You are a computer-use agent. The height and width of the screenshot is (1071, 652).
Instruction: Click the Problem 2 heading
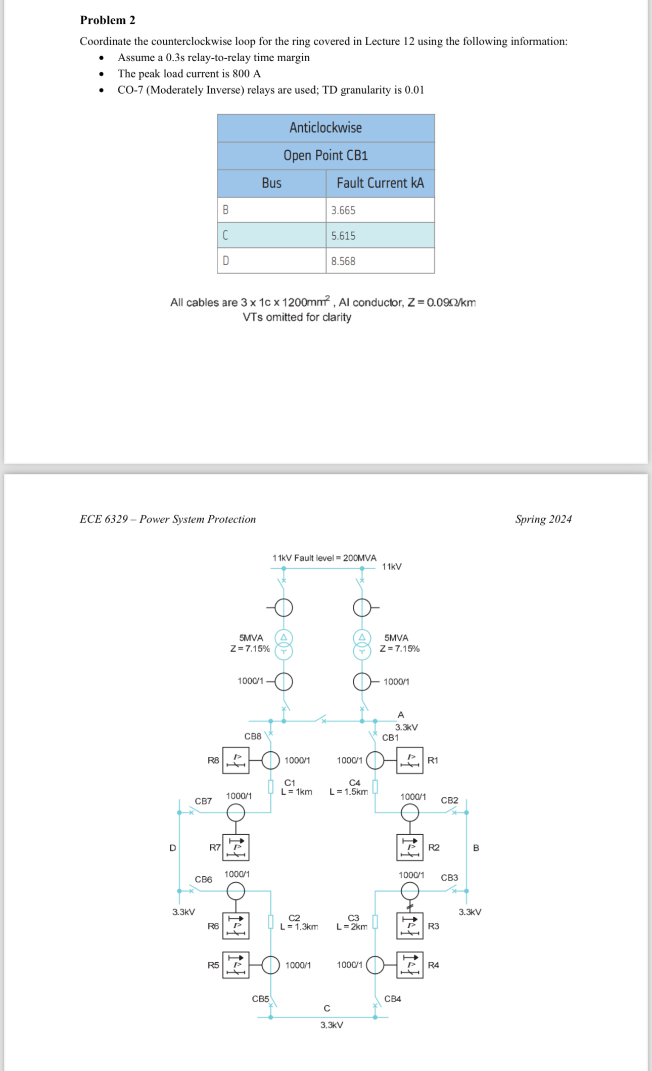[x=107, y=20]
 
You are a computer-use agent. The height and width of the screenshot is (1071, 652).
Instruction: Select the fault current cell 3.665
[x=343, y=210]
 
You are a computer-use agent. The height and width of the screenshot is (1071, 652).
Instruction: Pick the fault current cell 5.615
[x=343, y=236]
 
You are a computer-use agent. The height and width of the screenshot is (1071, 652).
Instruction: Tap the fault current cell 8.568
[x=343, y=261]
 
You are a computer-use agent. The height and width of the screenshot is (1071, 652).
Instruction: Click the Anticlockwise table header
[x=325, y=127]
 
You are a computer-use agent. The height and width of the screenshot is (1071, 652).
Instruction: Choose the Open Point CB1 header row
[x=325, y=155]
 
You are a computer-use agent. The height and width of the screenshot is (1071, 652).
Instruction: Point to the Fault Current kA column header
[x=380, y=183]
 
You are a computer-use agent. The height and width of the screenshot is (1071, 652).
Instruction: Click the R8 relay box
[x=236, y=760]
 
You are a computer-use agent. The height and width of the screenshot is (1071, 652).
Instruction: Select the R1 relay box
[x=409, y=760]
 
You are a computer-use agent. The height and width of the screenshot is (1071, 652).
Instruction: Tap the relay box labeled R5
[x=236, y=965]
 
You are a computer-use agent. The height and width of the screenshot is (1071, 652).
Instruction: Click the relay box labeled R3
[x=409, y=925]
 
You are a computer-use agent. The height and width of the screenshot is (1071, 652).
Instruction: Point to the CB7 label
[x=203, y=801]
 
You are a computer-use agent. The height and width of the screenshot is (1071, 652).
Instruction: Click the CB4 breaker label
[x=393, y=999]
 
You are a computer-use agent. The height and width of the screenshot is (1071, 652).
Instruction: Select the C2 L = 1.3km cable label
[x=299, y=922]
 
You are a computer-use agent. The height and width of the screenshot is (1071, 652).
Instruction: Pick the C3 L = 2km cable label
[x=352, y=922]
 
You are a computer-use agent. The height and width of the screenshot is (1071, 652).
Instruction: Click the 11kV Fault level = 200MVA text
[x=324, y=558]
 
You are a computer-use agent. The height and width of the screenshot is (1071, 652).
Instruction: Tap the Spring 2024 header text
[x=543, y=519]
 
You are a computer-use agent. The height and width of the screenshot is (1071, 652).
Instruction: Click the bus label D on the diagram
[x=173, y=848]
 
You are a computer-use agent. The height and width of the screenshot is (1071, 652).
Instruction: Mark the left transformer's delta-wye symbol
[x=284, y=644]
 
